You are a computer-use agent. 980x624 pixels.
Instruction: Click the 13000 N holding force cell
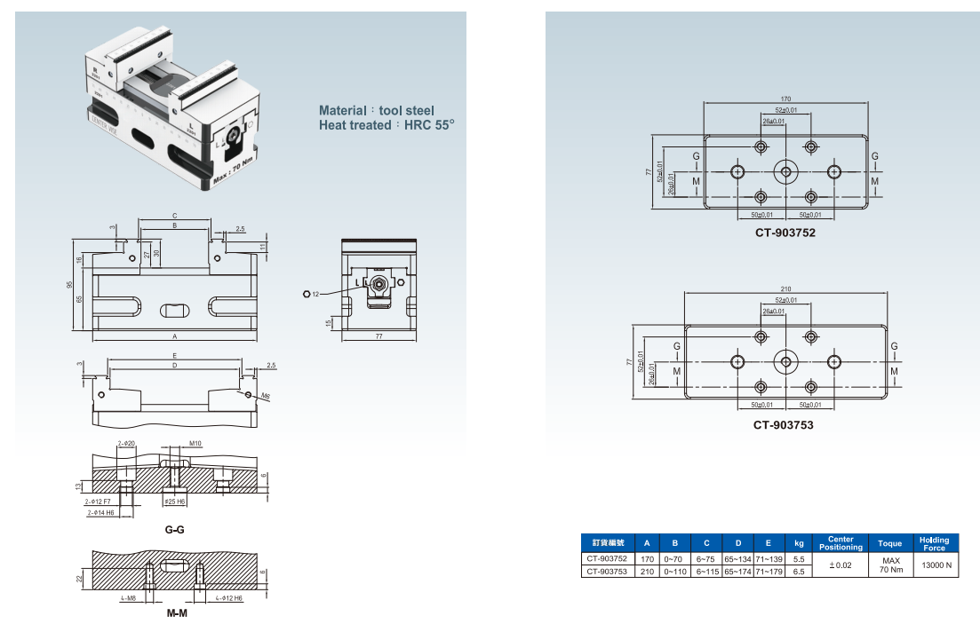coord(936,565)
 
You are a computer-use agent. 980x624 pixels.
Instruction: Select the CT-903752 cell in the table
coord(608,559)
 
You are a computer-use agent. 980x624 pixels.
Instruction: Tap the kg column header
coord(799,542)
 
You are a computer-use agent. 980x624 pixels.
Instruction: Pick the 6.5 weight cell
coord(799,573)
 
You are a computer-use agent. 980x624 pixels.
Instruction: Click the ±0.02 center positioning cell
coord(840,565)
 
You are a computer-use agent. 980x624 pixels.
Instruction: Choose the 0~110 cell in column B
coord(675,573)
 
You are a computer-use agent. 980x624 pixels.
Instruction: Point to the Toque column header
coord(889,542)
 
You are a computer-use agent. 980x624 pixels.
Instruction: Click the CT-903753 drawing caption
coord(784,425)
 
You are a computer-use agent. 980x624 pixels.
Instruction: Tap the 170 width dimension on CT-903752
coord(785,99)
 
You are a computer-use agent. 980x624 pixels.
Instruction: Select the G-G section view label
coord(174,529)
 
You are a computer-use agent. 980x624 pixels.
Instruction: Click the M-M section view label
coord(176,613)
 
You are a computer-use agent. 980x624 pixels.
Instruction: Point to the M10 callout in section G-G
coord(195,443)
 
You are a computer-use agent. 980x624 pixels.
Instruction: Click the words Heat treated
coord(354,125)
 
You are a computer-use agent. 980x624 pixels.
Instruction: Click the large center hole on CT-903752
coord(785,171)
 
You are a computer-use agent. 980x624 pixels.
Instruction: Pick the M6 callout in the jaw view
coord(266,394)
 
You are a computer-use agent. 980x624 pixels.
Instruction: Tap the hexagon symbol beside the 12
coord(306,294)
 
